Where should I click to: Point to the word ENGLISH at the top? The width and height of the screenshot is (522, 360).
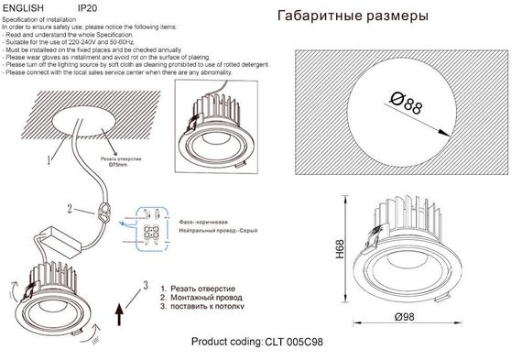(23, 7)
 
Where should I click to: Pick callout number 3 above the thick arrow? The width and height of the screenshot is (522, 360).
(144, 285)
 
